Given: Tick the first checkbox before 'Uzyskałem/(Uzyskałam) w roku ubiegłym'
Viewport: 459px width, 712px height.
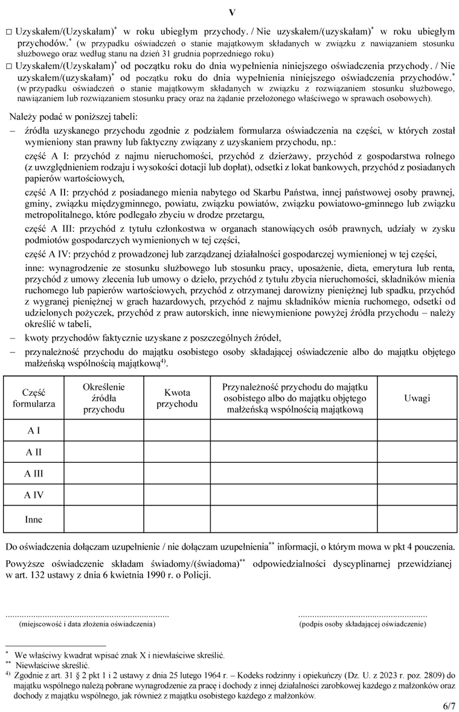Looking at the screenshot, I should [8, 31].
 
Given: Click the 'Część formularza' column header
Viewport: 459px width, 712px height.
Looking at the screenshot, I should [34, 398].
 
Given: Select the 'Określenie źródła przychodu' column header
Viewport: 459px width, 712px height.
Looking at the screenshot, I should [103, 398].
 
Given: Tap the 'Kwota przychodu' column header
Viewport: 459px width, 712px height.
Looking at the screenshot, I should [176, 398].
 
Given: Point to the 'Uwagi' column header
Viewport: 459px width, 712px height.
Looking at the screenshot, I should [417, 398].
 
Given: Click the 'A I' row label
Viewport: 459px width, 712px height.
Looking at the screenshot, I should [34, 431].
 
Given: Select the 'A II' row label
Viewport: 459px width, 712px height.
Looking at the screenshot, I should [34, 452].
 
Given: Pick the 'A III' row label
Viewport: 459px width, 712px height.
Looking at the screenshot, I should [34, 474].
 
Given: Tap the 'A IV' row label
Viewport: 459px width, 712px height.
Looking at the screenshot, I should [34, 495].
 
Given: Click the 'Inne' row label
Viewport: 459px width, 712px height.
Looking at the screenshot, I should [34, 519].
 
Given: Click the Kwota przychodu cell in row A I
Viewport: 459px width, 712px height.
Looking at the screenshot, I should [176, 431].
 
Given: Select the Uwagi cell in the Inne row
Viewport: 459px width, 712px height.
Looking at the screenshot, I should [417, 519].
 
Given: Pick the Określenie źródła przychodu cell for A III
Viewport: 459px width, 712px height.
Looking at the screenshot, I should [103, 474].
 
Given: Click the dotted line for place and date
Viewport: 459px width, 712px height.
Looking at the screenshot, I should [87, 615].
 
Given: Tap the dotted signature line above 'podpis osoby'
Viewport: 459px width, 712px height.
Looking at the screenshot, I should [362, 615].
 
